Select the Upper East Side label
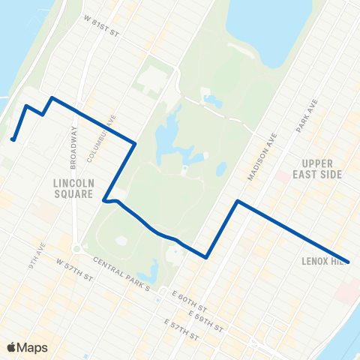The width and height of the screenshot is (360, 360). (321, 169)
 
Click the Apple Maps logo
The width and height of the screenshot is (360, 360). (26, 347)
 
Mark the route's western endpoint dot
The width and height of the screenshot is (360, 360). (13, 139)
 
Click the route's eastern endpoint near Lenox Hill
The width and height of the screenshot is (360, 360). (349, 262)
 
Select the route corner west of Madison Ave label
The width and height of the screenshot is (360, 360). (238, 201)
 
